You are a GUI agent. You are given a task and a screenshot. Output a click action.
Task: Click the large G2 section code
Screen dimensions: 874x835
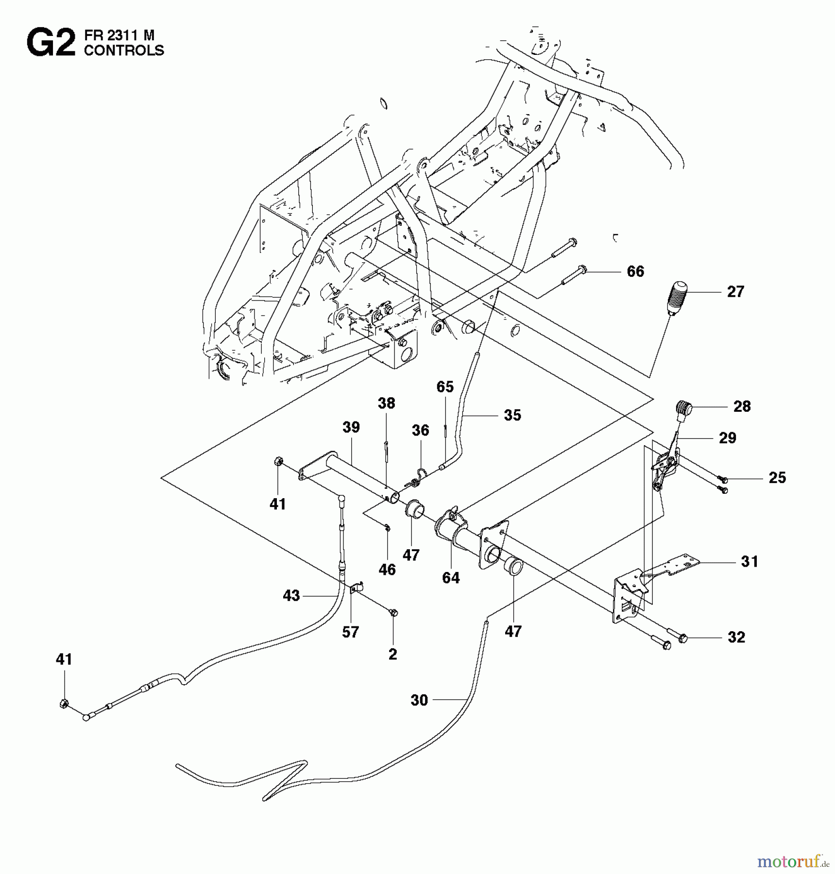pyautogui.click(x=51, y=43)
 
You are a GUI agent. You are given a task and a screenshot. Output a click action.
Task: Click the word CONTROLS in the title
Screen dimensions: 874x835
pyautogui.click(x=124, y=50)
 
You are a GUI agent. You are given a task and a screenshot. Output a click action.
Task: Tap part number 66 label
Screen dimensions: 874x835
pyautogui.click(x=635, y=271)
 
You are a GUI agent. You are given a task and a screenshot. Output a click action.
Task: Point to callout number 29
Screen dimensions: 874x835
pyautogui.click(x=727, y=438)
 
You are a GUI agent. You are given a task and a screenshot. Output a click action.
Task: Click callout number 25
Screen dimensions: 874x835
pyautogui.click(x=777, y=478)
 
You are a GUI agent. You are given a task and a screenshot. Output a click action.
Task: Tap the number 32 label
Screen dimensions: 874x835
pyautogui.click(x=736, y=637)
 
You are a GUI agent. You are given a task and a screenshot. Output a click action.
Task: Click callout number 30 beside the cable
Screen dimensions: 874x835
pyautogui.click(x=419, y=700)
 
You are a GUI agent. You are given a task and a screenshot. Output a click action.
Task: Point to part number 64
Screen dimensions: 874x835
pyautogui.click(x=451, y=578)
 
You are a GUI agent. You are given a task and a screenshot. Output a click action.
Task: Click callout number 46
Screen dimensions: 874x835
pyautogui.click(x=387, y=570)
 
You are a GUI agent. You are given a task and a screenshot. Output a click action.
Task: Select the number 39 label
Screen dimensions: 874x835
pyautogui.click(x=351, y=427)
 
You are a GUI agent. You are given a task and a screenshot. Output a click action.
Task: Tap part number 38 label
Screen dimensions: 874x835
pyautogui.click(x=387, y=403)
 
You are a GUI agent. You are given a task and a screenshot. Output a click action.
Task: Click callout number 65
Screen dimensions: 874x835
pyautogui.click(x=445, y=387)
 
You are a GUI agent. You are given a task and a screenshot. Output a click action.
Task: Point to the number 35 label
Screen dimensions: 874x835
pyautogui.click(x=512, y=415)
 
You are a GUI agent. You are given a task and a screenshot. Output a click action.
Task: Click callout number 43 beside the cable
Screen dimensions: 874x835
pyautogui.click(x=291, y=596)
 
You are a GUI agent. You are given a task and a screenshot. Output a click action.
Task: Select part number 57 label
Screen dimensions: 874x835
pyautogui.click(x=350, y=632)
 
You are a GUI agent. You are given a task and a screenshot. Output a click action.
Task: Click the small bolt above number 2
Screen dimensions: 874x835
pyautogui.click(x=394, y=613)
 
